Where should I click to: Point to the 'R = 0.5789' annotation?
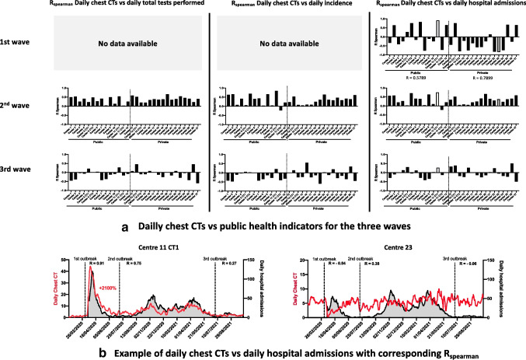pyautogui.click(x=407, y=77)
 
